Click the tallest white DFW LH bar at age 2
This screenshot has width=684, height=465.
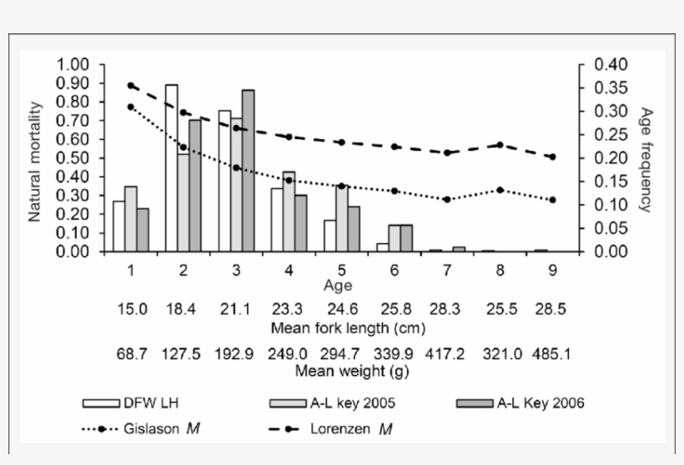click(x=171, y=167)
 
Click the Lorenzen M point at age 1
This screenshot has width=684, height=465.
click(x=131, y=85)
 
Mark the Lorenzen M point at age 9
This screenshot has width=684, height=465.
click(x=552, y=157)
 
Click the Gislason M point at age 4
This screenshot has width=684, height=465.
click(x=289, y=180)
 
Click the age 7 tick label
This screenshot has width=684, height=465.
click(x=447, y=271)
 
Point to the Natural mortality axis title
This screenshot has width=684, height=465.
click(x=35, y=157)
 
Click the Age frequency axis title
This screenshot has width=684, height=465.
click(x=646, y=158)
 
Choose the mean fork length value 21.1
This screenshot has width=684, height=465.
click(x=236, y=310)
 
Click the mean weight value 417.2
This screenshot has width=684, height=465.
click(x=447, y=353)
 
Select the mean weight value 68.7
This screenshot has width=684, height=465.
click(x=132, y=353)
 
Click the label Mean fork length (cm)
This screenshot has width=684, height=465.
click(x=338, y=327)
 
